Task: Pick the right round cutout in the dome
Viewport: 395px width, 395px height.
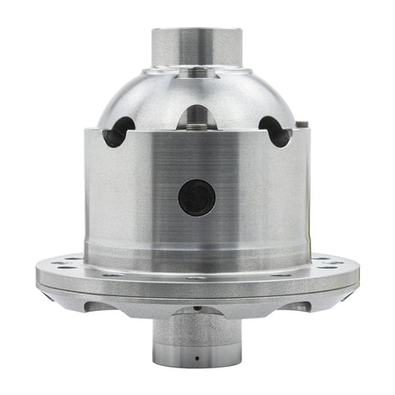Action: tap(275, 131)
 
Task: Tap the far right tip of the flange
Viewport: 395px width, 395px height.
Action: tap(358, 276)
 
